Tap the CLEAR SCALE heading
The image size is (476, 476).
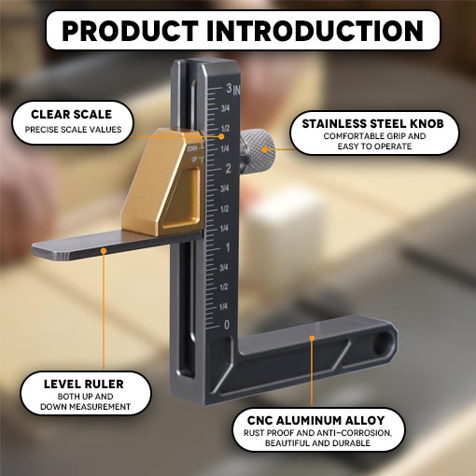(72, 115)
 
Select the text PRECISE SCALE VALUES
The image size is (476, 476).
(73, 130)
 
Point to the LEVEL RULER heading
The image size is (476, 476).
(84, 384)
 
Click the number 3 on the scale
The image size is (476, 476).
(228, 89)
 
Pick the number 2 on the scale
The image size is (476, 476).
(228, 168)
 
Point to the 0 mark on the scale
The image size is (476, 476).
(228, 324)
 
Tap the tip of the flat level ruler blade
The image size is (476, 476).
(39, 250)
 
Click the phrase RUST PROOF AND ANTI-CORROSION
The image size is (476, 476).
(319, 434)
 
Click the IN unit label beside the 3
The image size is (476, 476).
(238, 91)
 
